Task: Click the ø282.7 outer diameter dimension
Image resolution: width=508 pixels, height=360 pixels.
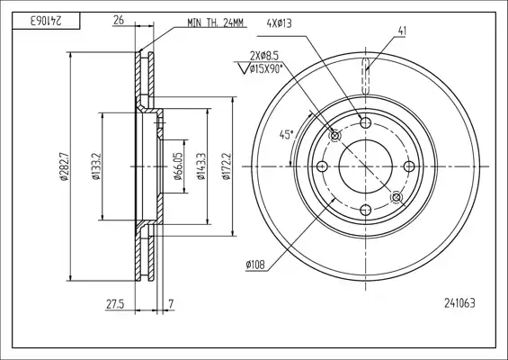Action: (x=64, y=166)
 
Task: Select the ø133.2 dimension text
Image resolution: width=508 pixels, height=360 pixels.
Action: (x=96, y=166)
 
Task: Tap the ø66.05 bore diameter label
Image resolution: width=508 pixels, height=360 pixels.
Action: (x=179, y=166)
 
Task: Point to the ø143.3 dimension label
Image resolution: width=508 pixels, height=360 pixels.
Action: (x=201, y=166)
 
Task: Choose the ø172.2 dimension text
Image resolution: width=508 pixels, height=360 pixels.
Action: (x=226, y=166)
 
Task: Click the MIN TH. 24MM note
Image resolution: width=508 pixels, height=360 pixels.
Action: (x=216, y=22)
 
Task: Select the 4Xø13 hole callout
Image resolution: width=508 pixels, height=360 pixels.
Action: (x=279, y=23)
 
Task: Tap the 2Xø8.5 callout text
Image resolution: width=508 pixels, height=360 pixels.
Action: (x=264, y=56)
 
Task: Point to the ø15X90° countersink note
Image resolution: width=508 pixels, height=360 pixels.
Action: (x=263, y=68)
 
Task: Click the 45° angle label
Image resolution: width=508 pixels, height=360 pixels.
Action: (x=287, y=135)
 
